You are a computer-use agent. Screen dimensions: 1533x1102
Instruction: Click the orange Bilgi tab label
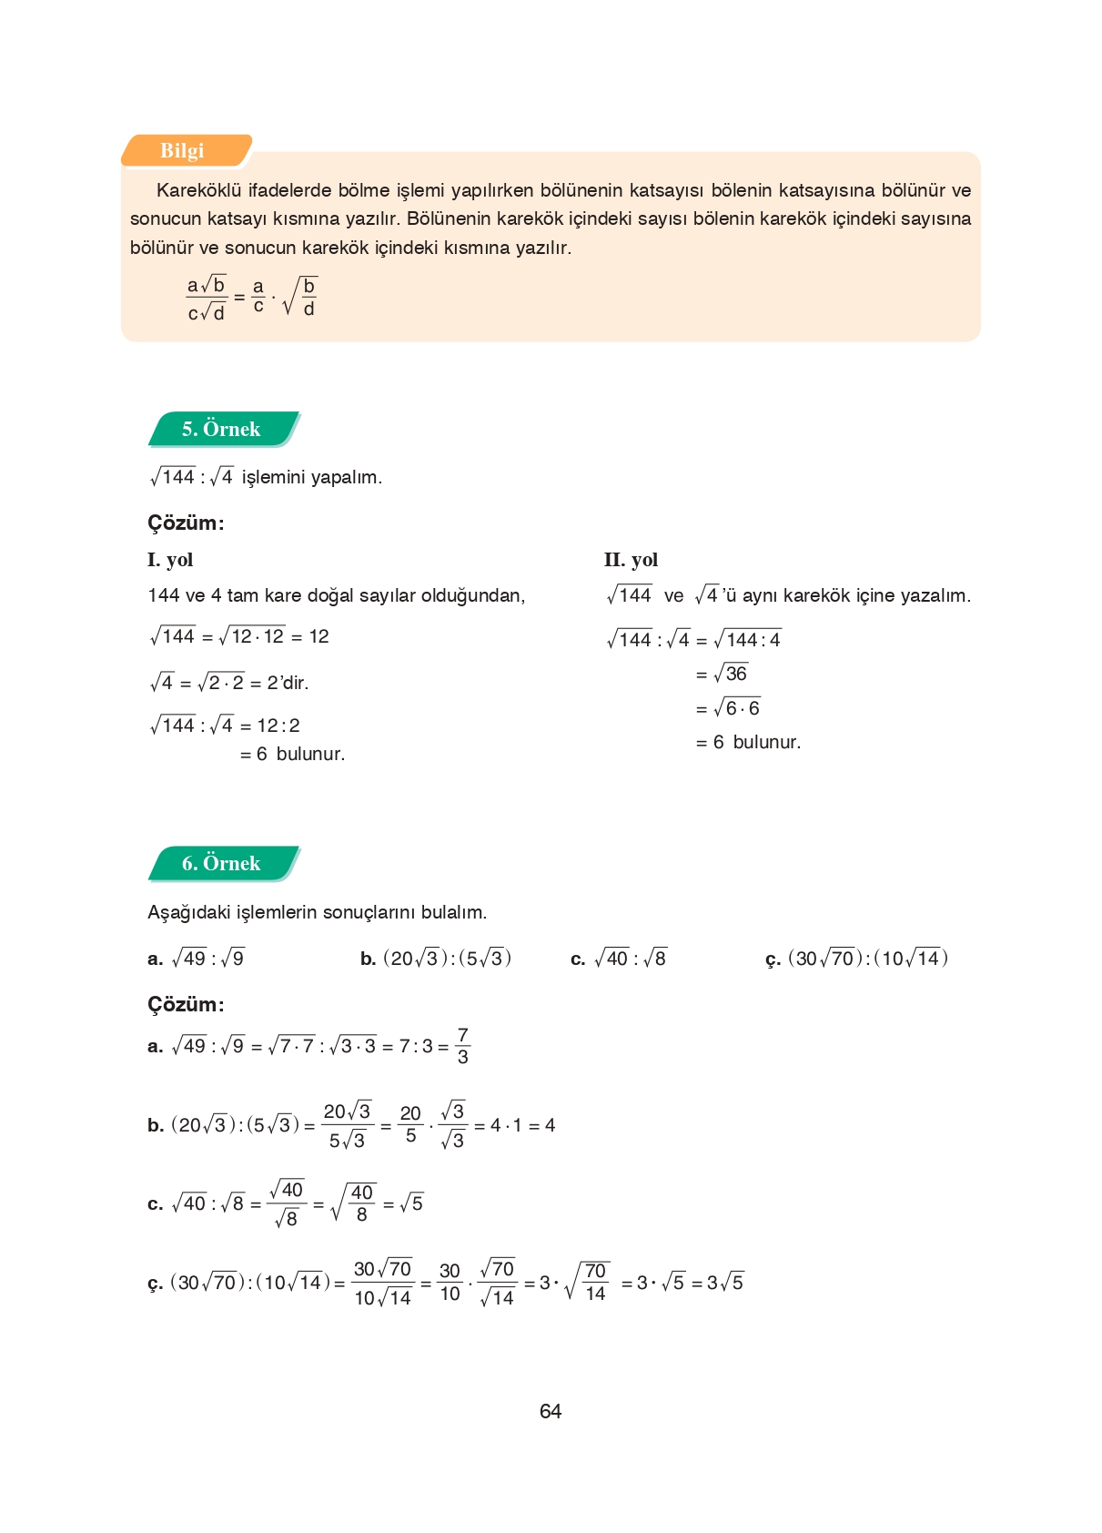tap(182, 151)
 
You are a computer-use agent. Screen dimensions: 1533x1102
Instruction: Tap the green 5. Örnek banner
tap(221, 429)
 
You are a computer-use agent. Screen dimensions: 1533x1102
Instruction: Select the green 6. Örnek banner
tap(221, 863)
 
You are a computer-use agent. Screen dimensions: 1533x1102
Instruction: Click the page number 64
tap(551, 1411)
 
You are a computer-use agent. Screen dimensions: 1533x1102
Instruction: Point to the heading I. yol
tap(170, 560)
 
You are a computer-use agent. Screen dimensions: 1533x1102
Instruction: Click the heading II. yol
tap(631, 560)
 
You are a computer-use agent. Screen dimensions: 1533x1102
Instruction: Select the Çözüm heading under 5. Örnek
tap(186, 523)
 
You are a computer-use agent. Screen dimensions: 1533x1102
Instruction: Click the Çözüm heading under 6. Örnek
tap(186, 1004)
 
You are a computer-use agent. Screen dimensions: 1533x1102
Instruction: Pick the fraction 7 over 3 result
tap(462, 1046)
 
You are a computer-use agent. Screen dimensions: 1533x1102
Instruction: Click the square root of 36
tap(731, 674)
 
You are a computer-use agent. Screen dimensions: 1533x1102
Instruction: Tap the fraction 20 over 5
tap(410, 1124)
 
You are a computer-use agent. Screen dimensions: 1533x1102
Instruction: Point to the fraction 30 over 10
tap(450, 1282)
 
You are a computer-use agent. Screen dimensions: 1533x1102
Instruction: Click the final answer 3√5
tap(725, 1283)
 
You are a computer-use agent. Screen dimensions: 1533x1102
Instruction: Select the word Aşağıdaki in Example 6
tap(188, 912)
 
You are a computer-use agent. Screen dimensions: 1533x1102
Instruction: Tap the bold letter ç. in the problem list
tap(773, 959)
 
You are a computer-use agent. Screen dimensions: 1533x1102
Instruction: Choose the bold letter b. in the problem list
tap(368, 959)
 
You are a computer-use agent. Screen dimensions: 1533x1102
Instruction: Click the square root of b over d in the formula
tap(301, 297)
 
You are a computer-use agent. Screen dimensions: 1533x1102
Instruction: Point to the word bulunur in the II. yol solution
tap(766, 742)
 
